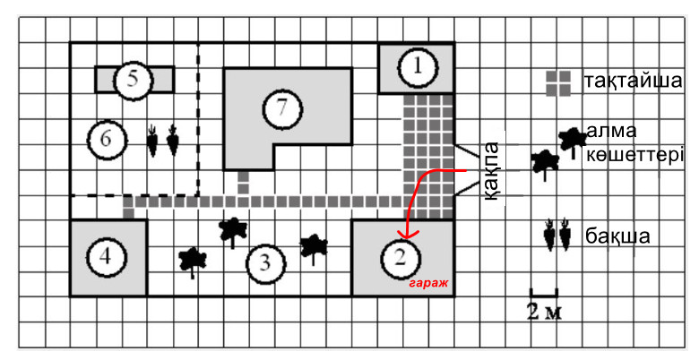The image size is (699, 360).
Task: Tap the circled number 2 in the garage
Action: click(401, 259)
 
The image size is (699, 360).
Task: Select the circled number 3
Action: click(264, 263)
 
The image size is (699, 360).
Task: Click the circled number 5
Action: click(133, 80)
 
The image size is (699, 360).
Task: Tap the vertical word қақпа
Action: click(491, 171)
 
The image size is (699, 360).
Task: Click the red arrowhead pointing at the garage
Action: click(404, 235)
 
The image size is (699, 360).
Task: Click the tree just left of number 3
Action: click(232, 230)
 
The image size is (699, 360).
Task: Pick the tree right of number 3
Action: click(313, 245)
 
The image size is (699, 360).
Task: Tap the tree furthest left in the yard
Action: click(193, 261)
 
